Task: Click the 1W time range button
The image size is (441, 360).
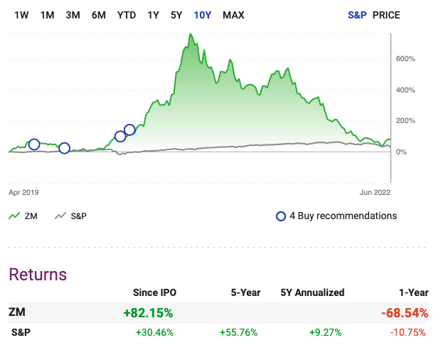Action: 21,15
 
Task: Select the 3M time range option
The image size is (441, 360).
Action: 73,15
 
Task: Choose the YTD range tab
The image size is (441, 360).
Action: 127,15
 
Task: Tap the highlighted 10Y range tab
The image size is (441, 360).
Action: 203,15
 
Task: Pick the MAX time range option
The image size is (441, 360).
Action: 233,15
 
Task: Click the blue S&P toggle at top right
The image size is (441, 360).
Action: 357,15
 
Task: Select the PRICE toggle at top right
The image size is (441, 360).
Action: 387,15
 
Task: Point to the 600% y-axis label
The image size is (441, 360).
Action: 405,58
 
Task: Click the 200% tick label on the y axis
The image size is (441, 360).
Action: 405,121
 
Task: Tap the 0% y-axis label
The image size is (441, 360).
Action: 402,152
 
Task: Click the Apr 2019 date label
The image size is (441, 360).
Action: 23,192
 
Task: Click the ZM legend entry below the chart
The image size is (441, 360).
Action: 31,216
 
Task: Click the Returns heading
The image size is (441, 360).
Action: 38,275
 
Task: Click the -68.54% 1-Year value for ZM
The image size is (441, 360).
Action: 405,312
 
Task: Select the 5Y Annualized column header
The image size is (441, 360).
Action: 313,292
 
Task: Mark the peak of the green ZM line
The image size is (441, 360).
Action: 190,34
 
